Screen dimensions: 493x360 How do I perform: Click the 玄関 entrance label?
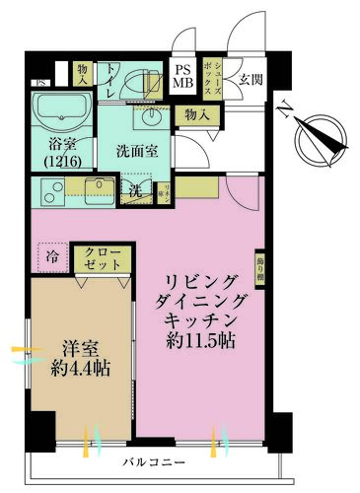click(x=250, y=80)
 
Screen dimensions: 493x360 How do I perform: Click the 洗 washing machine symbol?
click(x=138, y=190)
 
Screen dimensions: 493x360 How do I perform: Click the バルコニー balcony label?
click(x=152, y=461)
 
